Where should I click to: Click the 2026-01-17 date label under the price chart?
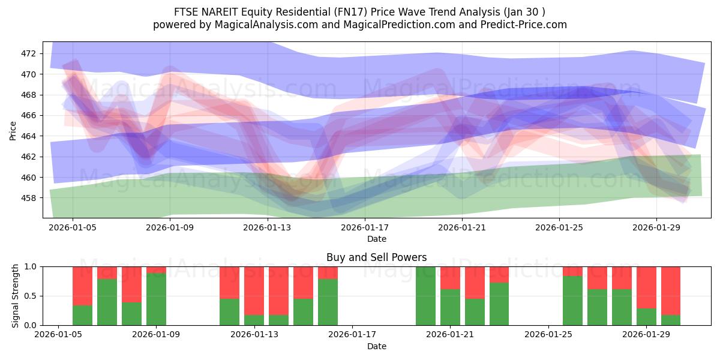click(x=365, y=227)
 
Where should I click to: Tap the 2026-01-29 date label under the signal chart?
click(x=647, y=335)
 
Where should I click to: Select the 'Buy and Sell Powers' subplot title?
click(x=376, y=257)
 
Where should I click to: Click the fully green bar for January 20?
click(x=425, y=296)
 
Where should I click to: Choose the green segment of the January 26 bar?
click(x=572, y=301)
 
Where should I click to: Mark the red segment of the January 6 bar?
click(x=82, y=286)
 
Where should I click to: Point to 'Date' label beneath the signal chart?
click(x=376, y=346)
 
